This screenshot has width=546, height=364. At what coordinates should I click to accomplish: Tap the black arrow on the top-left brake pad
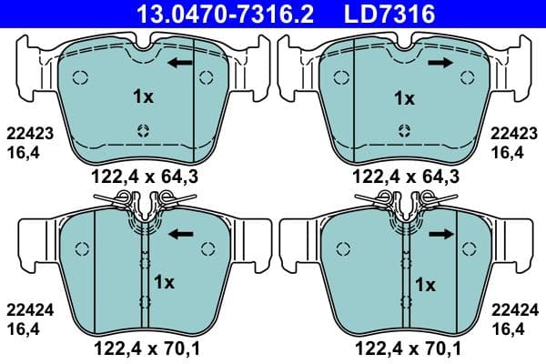click(x=180, y=63)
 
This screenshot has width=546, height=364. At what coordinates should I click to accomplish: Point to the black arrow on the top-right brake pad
click(x=441, y=63)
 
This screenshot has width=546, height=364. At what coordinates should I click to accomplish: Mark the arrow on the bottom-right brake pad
click(x=441, y=234)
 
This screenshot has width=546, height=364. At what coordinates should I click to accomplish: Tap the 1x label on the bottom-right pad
click(x=425, y=283)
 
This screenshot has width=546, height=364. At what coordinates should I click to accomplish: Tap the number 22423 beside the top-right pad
click(x=513, y=132)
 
